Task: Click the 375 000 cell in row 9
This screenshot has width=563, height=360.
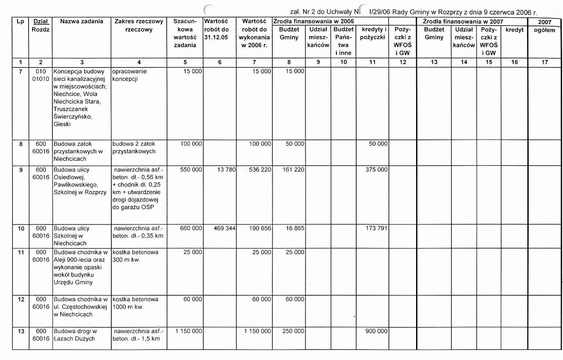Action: (377, 169)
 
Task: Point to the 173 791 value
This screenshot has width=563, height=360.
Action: (377, 228)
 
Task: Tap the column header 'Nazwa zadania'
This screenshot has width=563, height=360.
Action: (82, 21)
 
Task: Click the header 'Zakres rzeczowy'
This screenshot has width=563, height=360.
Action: (139, 25)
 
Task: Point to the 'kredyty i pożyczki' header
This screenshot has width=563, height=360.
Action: (373, 33)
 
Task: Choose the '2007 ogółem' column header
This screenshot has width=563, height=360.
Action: (545, 26)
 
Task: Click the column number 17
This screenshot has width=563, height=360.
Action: (545, 62)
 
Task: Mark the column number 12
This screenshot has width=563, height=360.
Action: (402, 62)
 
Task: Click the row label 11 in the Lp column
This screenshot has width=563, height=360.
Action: (21, 252)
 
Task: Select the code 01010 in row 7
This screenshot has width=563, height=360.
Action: (40, 79)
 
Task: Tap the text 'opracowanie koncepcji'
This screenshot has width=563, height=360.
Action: (130, 75)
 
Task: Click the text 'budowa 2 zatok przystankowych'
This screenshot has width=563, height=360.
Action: (134, 147)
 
